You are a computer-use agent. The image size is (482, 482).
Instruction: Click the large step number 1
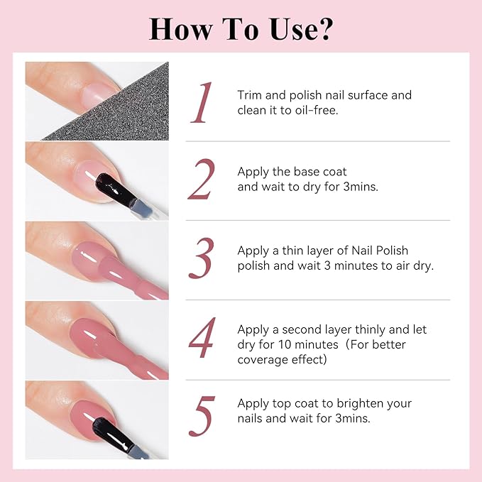pyautogui.click(x=204, y=103)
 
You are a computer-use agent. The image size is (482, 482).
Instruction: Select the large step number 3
pyautogui.click(x=202, y=260)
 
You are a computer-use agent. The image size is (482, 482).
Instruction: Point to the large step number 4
pyautogui.click(x=202, y=340)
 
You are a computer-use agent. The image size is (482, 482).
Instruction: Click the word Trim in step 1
pyautogui.click(x=251, y=95)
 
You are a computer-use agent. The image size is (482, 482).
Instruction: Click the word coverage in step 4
pyautogui.click(x=262, y=359)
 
